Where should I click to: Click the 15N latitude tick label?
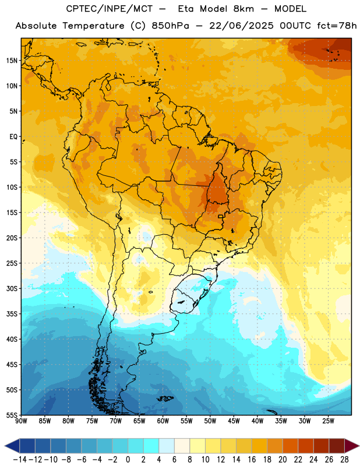[x=12, y=61]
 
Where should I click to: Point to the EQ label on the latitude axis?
[x=13, y=137]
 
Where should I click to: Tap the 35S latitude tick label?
[x=12, y=314]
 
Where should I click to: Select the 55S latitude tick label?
[x=12, y=415]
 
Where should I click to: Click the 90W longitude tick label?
[x=21, y=421]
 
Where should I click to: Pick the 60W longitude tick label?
[x=163, y=421]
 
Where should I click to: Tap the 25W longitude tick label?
[x=328, y=421]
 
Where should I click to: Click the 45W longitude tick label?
[x=234, y=421]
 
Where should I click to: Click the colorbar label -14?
[x=20, y=460]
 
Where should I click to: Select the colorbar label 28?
[x=344, y=460]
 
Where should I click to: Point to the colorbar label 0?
[x=128, y=460]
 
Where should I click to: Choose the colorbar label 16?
[x=252, y=460]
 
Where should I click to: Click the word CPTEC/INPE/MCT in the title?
[x=109, y=9]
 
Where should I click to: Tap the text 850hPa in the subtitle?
[x=170, y=26]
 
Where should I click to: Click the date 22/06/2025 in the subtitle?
[x=241, y=26]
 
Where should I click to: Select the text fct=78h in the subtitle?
[x=337, y=26]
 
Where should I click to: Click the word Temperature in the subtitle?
[x=93, y=26]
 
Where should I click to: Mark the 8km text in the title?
[x=243, y=9]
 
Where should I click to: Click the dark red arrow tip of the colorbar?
[x=358, y=446]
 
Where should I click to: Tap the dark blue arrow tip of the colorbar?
[x=5, y=446]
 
